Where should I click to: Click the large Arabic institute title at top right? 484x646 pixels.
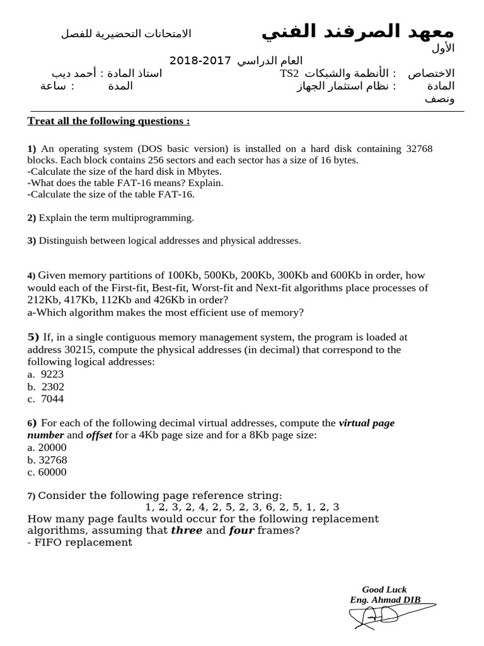(x=357, y=31)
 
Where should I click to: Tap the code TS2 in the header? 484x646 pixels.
(x=289, y=74)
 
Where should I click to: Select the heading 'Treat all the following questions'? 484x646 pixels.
(x=108, y=121)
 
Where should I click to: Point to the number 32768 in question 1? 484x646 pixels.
(x=419, y=149)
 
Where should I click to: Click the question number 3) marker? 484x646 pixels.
(x=32, y=240)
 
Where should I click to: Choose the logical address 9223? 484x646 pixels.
(x=52, y=374)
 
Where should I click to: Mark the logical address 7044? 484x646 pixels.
(x=52, y=399)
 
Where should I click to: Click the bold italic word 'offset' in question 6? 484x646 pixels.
(x=99, y=435)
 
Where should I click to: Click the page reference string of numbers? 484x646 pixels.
(x=242, y=507)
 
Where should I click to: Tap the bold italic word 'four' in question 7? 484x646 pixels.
(x=241, y=530)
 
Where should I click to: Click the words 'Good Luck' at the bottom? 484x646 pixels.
(x=384, y=589)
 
